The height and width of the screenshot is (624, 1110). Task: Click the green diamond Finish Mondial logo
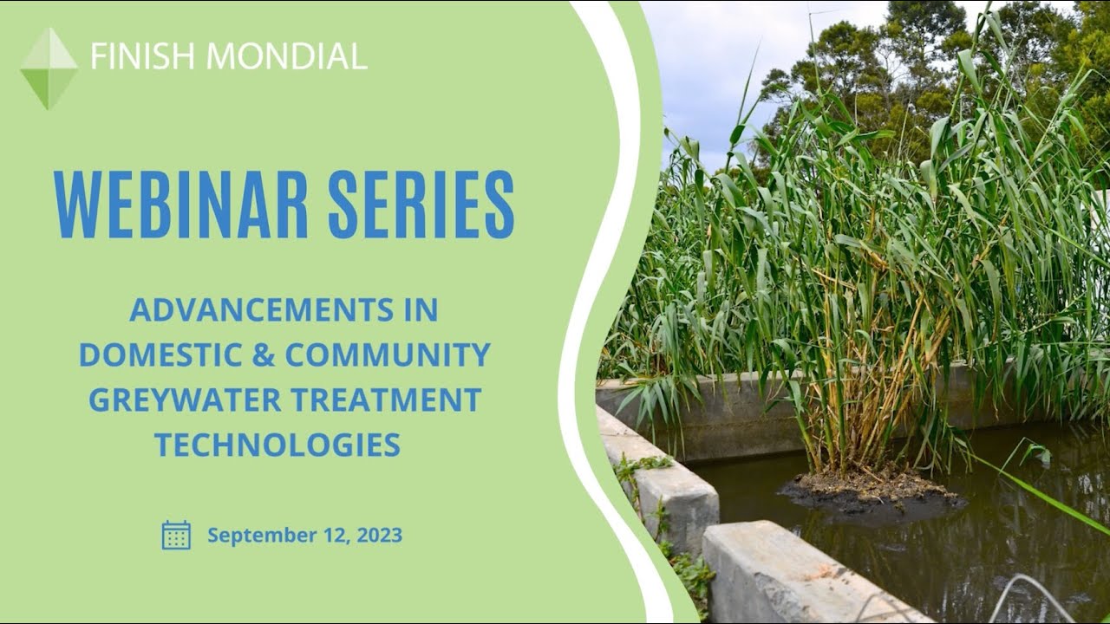pos(49,68)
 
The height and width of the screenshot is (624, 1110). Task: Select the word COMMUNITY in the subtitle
pos(388,355)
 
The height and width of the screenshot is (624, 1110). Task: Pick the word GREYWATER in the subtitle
pos(184,400)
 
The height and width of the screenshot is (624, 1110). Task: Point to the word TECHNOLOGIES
pos(277,445)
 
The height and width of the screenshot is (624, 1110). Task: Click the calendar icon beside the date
pos(176,535)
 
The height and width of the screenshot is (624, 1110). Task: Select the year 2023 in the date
pos(380,536)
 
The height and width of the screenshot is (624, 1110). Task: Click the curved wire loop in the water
pos(1032,594)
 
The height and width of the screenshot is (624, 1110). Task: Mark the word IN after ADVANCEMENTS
pos(424,310)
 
